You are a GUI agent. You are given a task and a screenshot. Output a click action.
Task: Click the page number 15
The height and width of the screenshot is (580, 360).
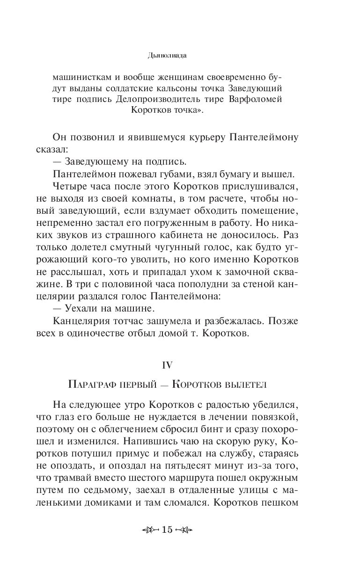click(x=167, y=530)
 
